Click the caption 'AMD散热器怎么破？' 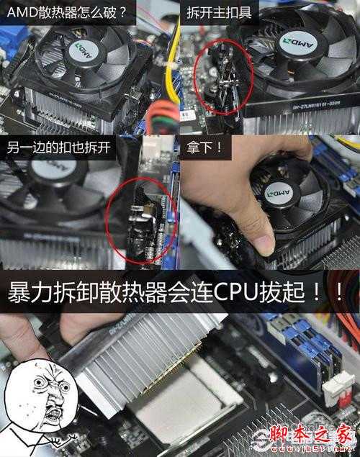click(x=66, y=12)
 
